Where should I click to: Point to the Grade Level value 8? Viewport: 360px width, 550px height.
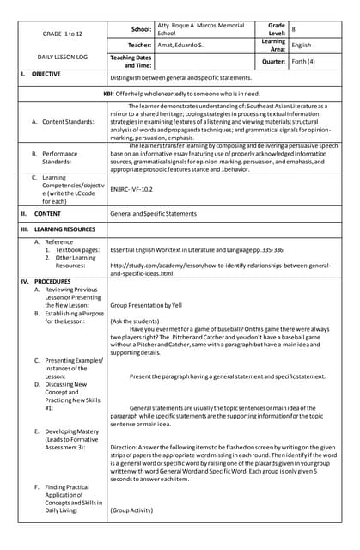click(294, 28)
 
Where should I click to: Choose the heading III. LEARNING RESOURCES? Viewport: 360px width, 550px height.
click(58, 229)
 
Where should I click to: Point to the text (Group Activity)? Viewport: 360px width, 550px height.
click(131, 510)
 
